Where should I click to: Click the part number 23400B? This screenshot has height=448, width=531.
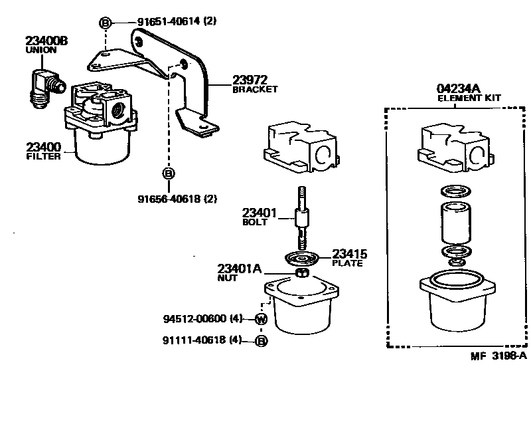46,41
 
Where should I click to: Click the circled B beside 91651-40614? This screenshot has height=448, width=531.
105,23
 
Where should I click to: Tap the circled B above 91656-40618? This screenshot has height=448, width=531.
169,173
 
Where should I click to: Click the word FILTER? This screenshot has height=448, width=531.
43,157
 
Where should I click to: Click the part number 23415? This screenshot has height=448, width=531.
350,254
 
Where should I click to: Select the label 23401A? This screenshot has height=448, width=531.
240,269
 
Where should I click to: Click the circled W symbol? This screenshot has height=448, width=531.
261,320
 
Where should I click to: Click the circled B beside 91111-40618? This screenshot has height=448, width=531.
261,341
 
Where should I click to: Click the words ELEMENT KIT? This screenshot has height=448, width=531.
469,98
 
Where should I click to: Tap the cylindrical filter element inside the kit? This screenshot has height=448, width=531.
455,223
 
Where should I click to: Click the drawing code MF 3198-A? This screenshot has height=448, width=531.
498,356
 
